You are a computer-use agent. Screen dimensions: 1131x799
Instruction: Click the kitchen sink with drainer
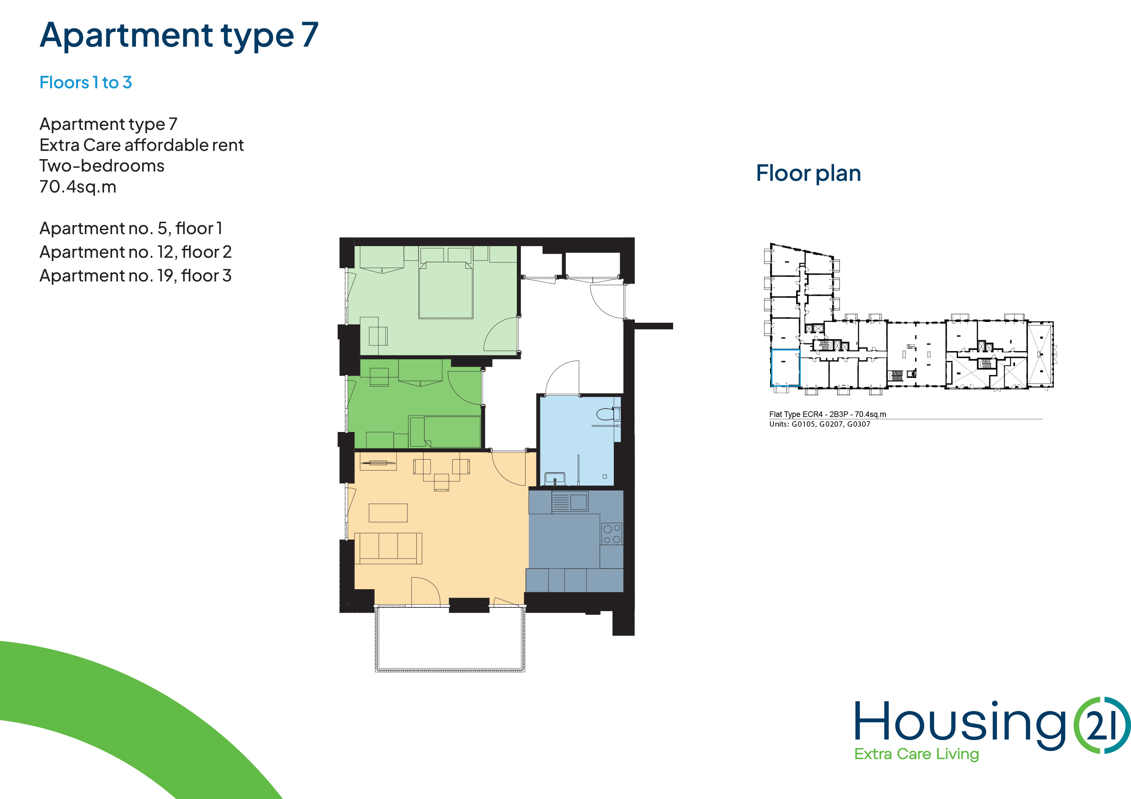570,502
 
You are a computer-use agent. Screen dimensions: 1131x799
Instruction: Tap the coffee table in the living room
388,513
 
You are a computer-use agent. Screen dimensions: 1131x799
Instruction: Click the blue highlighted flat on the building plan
785,367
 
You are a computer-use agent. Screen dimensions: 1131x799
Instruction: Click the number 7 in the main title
310,35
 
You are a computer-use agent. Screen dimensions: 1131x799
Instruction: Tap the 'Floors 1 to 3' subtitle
86,82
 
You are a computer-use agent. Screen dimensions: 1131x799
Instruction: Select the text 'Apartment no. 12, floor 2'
136,252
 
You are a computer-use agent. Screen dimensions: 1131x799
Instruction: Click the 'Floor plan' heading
808,173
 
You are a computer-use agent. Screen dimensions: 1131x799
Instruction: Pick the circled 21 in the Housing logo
1102,725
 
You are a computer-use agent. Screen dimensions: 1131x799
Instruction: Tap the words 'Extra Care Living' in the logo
916,754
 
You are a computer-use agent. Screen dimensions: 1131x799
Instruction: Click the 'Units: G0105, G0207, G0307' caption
820,424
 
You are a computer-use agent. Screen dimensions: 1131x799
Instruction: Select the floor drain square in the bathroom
604,477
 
